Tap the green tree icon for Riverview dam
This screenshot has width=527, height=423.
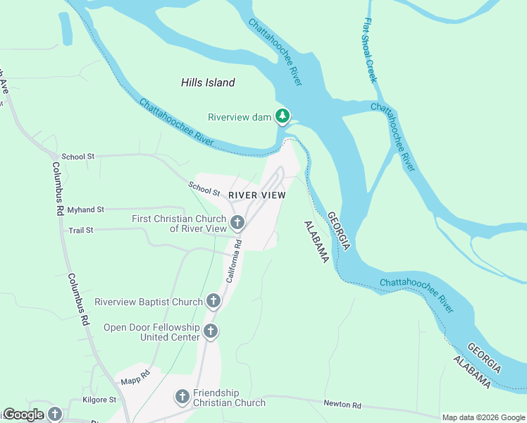tap(283, 116)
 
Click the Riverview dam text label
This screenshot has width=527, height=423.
tap(240, 117)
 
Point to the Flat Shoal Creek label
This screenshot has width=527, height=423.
tap(371, 51)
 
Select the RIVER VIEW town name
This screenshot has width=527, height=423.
tap(256, 195)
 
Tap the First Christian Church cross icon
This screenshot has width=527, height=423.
tap(237, 223)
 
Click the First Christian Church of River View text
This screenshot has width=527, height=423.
tap(179, 223)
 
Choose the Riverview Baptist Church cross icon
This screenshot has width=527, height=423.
tap(213, 302)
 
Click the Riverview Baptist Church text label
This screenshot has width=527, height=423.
tap(149, 302)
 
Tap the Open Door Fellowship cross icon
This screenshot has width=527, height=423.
tap(210, 331)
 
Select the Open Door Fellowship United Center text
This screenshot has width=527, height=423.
tap(151, 332)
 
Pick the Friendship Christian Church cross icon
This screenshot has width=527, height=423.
tap(182, 398)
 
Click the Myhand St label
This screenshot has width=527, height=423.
tap(85, 210)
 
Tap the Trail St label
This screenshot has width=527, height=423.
tap(81, 231)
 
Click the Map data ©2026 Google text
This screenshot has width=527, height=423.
tap(483, 417)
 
